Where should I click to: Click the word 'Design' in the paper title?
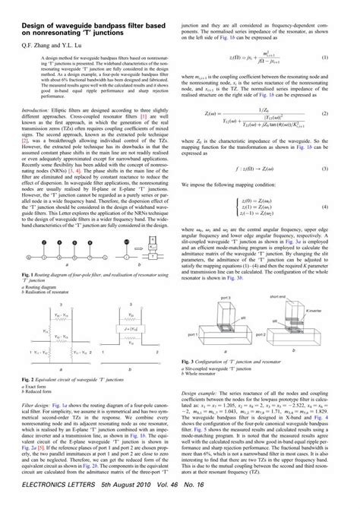pos(36,25)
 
